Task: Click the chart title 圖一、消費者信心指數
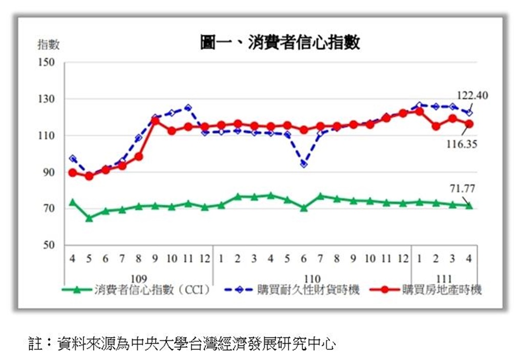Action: (x=279, y=43)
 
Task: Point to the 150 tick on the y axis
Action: (x=46, y=62)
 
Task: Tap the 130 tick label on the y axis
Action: (x=46, y=99)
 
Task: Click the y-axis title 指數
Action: (x=49, y=45)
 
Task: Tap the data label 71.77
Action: (x=463, y=188)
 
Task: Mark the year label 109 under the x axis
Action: (x=139, y=279)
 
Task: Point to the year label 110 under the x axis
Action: (x=312, y=279)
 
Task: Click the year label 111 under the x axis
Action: (x=444, y=279)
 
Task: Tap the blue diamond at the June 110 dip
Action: (x=304, y=164)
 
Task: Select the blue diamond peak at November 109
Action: (x=188, y=108)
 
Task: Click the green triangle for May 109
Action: (x=89, y=218)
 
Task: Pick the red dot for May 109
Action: (x=89, y=176)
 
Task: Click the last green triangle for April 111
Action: (x=469, y=205)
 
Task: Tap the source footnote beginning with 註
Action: (x=182, y=343)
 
